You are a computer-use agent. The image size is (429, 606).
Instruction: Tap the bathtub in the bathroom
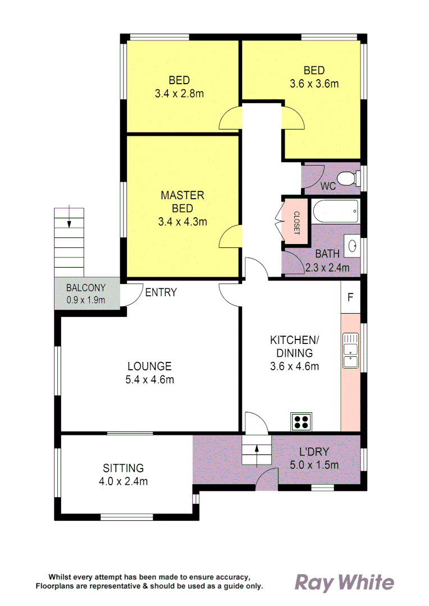(335, 211)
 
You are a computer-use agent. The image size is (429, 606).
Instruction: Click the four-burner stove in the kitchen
(301, 421)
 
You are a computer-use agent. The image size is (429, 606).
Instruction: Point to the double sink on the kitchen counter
(350, 350)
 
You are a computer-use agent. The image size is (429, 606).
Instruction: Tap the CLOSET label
(296, 223)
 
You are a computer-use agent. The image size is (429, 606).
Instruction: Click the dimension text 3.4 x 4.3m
(182, 222)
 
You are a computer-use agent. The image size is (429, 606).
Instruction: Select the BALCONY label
(85, 288)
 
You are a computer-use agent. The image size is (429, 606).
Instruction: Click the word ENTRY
(161, 292)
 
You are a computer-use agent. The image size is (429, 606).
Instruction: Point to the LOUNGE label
(149, 366)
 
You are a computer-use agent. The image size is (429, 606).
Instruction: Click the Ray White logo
(344, 583)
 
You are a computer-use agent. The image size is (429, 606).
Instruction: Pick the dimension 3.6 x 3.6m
(314, 84)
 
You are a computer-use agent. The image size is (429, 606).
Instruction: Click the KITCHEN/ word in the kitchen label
(295, 340)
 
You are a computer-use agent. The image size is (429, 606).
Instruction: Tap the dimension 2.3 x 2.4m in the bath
(327, 268)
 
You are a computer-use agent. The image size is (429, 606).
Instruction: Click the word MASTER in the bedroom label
(182, 195)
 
